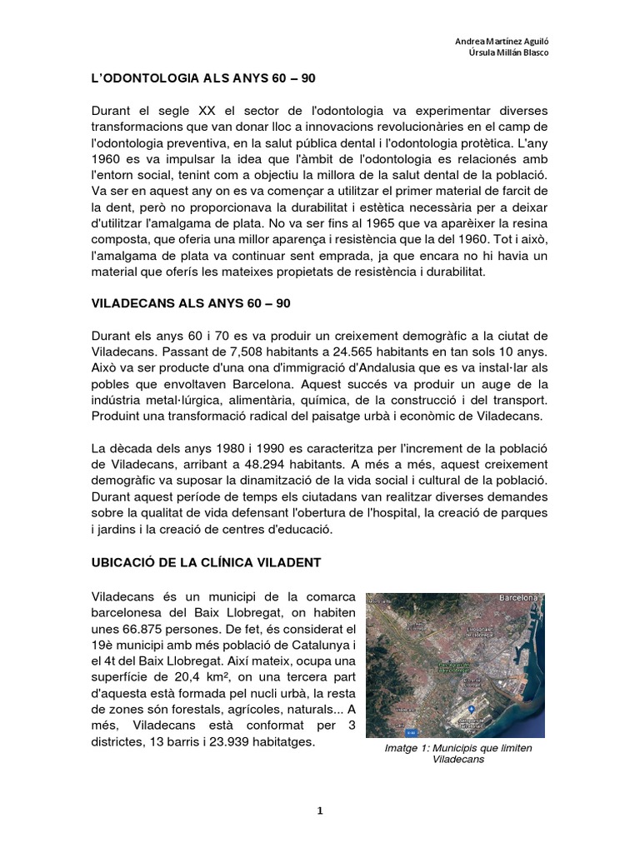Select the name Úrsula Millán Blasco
coord(507,53)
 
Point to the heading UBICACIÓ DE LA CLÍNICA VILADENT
coord(205,564)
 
